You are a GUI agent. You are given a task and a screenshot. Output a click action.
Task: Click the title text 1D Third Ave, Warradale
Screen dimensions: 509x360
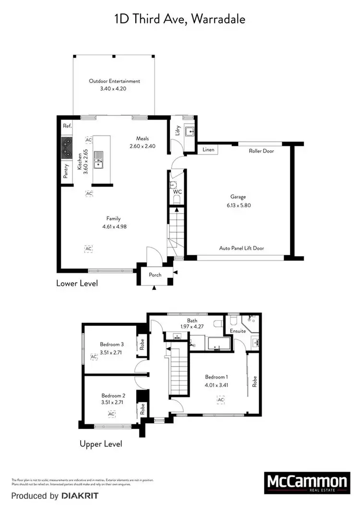coord(180,19)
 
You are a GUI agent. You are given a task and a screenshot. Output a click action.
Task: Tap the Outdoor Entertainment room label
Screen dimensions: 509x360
coord(114,81)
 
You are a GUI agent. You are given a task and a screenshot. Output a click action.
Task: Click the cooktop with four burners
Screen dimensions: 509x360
coord(66,148)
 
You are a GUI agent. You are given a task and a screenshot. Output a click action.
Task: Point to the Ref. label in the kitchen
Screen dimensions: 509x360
coord(67,126)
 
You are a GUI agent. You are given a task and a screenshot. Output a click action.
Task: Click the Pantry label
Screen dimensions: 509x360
coord(66,171)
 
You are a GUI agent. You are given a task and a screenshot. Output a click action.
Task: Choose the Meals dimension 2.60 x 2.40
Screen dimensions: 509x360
coord(143,146)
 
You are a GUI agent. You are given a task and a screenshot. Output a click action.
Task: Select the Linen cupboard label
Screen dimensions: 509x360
coord(208,150)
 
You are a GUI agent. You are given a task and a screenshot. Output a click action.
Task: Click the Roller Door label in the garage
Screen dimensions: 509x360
coord(261,151)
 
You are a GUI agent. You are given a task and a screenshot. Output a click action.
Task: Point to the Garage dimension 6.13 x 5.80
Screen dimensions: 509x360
coord(238,205)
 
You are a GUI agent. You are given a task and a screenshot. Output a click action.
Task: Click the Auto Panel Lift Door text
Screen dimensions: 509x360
coord(241,248)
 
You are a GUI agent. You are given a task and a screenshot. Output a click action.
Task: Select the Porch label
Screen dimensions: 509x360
coord(155,275)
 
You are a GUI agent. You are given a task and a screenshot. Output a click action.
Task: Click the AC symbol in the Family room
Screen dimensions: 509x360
coord(88,249)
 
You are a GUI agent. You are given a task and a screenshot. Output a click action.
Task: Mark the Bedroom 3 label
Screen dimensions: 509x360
coord(112,344)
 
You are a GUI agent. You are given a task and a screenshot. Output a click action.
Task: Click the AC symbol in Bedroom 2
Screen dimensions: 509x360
coord(111,413)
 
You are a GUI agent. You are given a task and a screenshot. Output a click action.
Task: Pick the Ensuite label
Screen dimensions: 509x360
coord(238,331)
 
